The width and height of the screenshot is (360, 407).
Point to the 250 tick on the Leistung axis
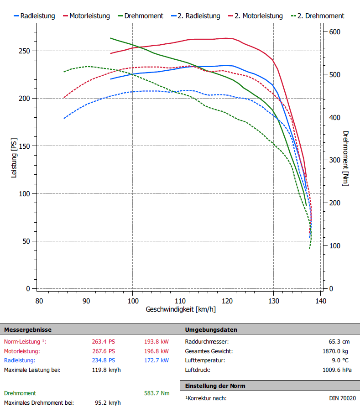(29, 51)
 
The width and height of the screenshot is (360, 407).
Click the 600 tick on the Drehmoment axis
(335, 31)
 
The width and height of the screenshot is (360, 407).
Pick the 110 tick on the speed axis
(180, 301)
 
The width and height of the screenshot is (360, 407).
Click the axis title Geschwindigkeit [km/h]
(181, 309)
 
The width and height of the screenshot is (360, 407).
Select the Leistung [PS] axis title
(14, 160)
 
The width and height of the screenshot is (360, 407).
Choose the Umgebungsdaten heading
(211, 329)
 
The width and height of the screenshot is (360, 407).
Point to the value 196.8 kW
(157, 351)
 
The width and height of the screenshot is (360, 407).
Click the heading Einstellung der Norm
(215, 386)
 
